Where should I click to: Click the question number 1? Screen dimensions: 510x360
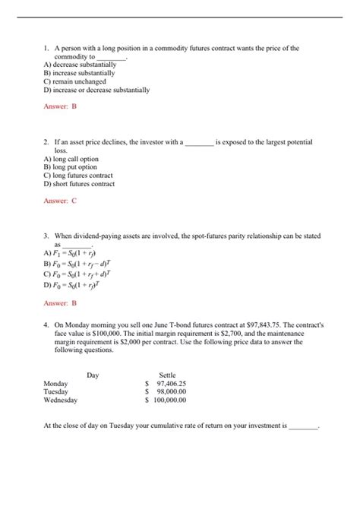tap(46, 48)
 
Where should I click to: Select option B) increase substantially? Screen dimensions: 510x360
tap(80, 73)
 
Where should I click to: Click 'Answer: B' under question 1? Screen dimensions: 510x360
tap(60, 106)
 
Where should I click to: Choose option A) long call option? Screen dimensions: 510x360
tap(71, 159)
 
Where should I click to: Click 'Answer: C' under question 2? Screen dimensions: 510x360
tap(60, 201)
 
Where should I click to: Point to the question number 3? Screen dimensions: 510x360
tap(46, 237)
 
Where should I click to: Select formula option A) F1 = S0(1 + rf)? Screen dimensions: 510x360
tap(71, 253)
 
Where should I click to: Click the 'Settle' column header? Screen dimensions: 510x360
tap(167, 375)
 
